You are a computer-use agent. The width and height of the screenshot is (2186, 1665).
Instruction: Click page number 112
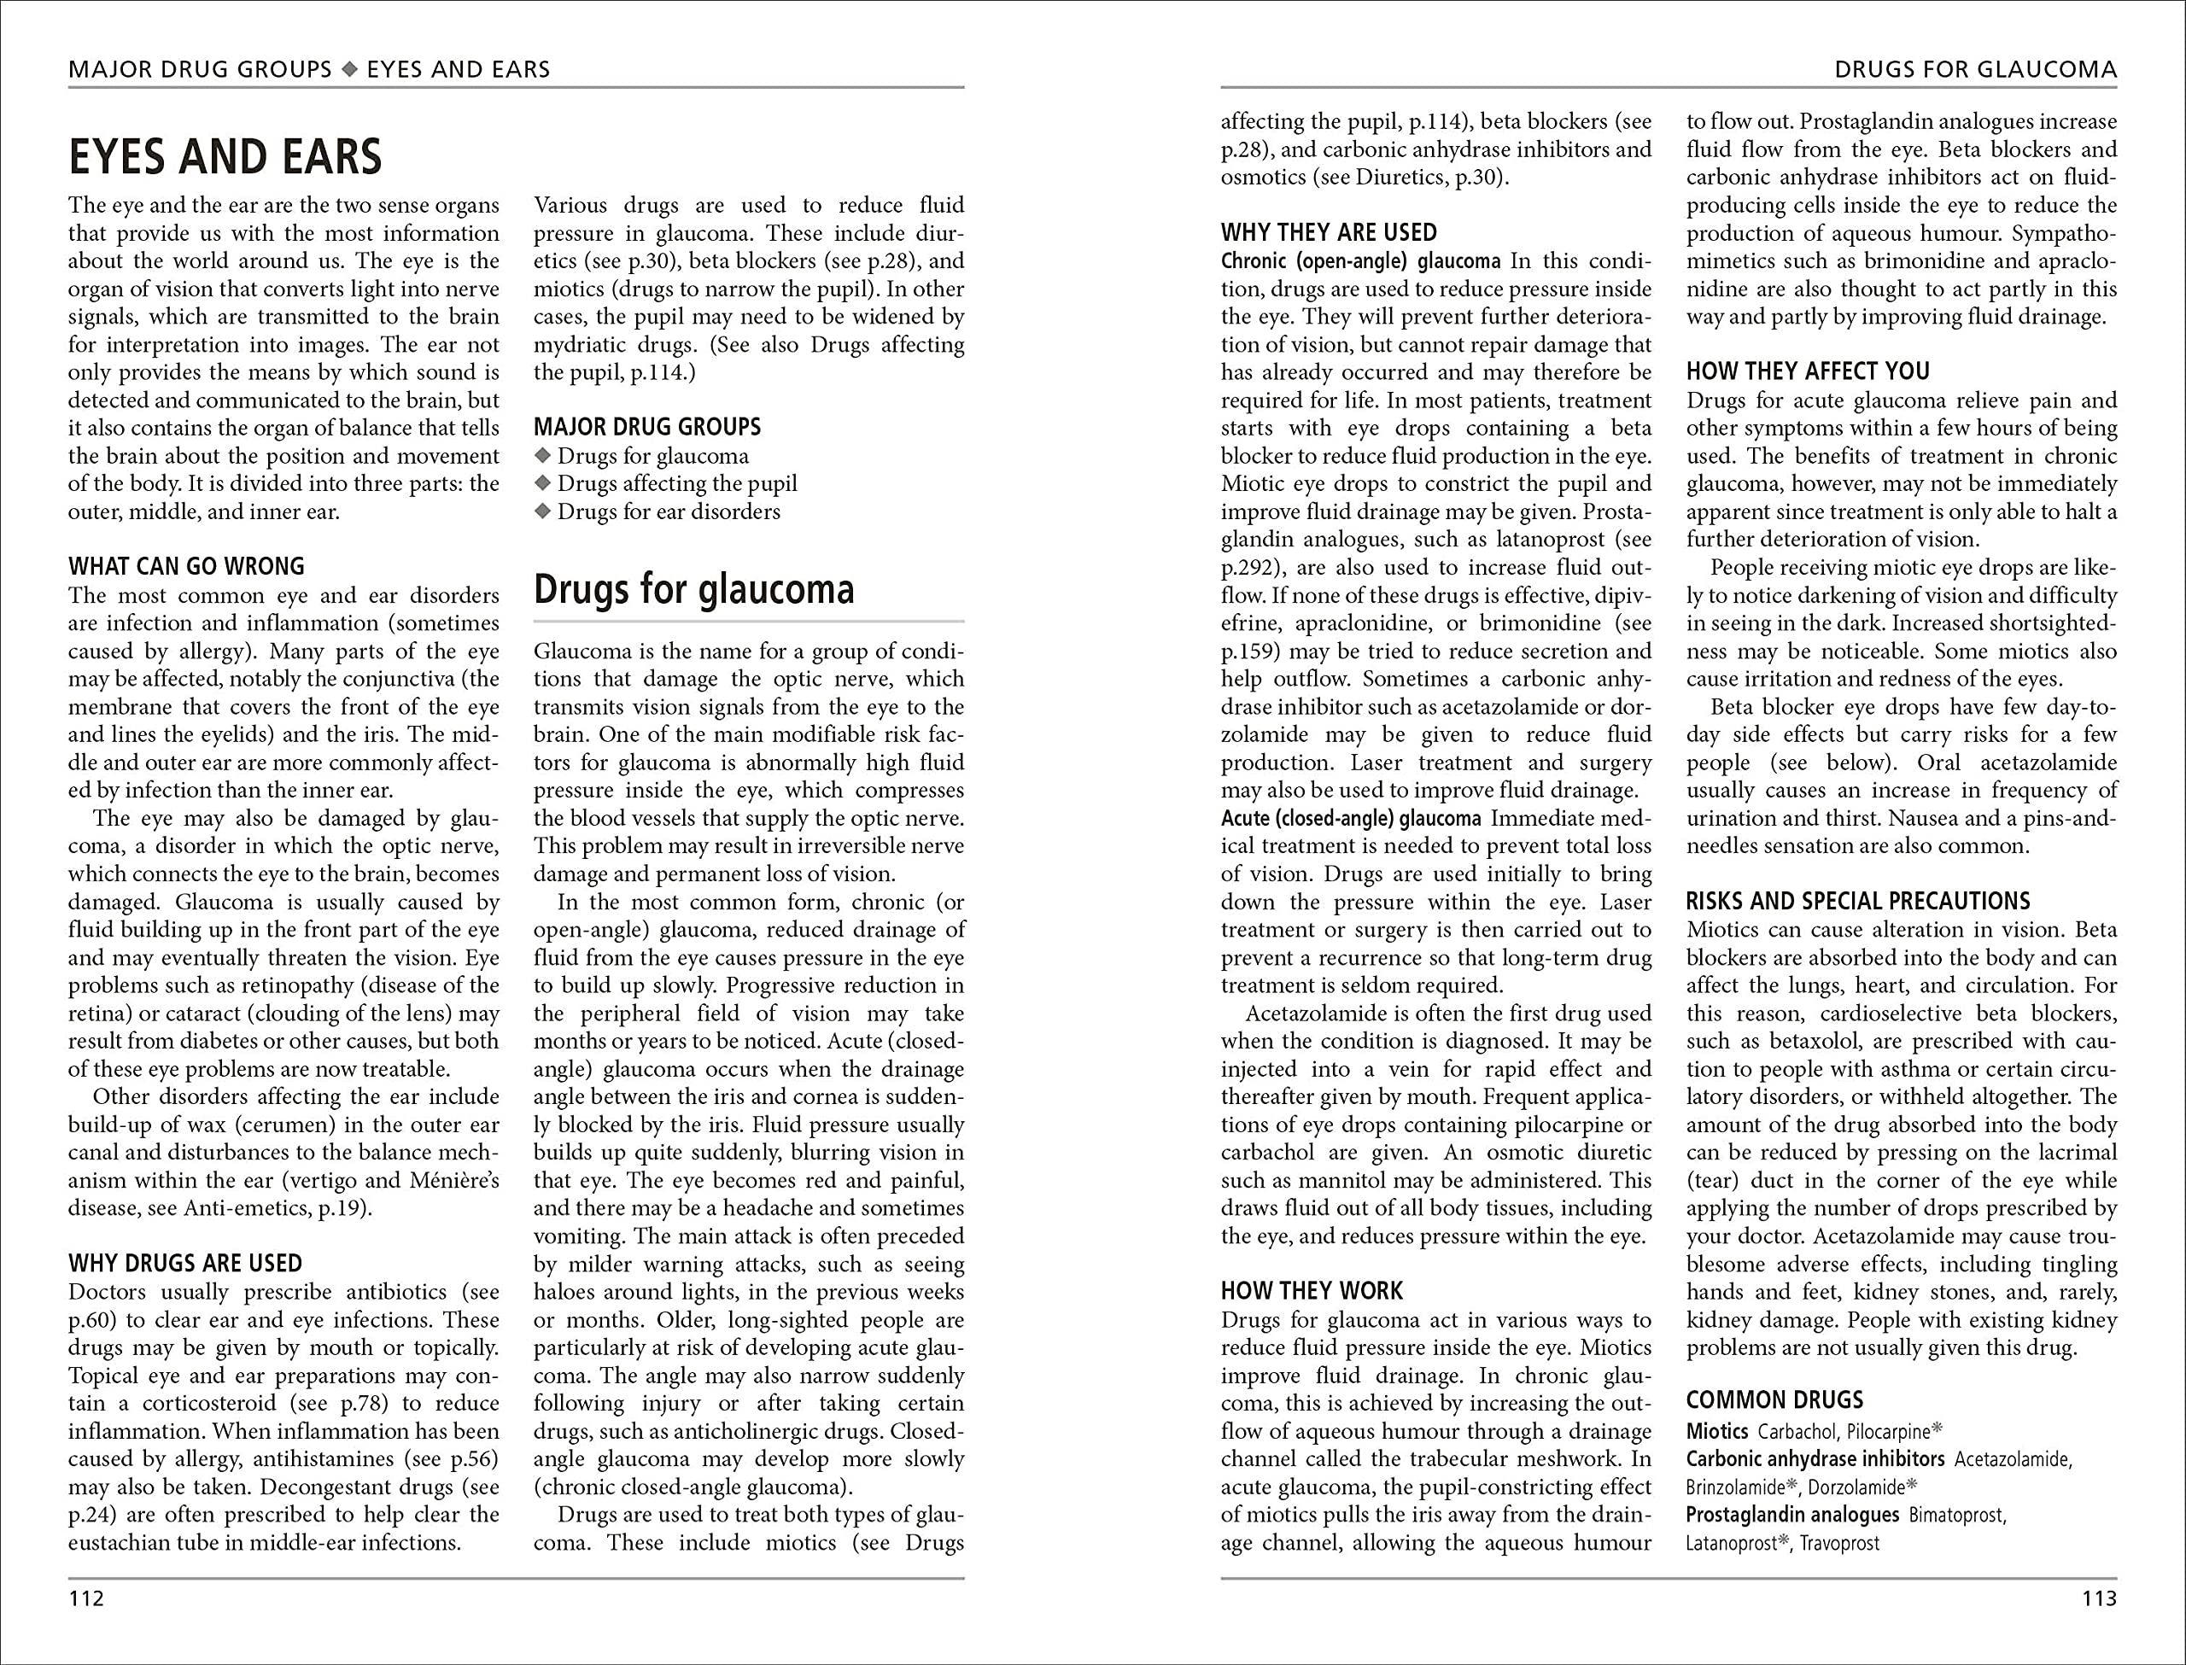click(x=86, y=1598)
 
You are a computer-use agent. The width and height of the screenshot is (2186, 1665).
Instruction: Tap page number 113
click(x=2099, y=1598)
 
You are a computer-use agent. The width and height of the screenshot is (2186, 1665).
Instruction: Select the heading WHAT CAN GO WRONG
click(x=186, y=567)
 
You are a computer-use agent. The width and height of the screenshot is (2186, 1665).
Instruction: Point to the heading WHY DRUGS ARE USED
click(x=185, y=1264)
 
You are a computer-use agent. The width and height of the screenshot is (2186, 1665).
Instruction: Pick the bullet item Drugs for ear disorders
click(x=669, y=511)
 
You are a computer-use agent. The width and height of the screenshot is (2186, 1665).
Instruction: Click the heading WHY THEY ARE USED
click(x=1329, y=233)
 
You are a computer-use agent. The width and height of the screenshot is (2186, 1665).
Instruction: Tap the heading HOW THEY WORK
click(x=1312, y=1291)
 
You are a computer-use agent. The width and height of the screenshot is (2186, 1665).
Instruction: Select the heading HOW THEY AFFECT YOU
click(x=1809, y=371)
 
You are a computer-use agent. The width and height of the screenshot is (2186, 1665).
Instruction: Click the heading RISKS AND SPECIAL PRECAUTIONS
click(x=1858, y=902)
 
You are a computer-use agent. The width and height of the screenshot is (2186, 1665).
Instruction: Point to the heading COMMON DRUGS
click(x=1774, y=1400)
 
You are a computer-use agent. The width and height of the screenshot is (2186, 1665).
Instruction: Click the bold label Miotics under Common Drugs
click(x=1717, y=1431)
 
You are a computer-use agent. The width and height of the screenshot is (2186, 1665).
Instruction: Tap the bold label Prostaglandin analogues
click(x=1792, y=1515)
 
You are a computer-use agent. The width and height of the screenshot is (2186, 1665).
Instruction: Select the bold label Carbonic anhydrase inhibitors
click(x=1815, y=1459)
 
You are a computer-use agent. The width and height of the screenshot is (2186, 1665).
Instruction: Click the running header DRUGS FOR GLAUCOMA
click(x=1976, y=69)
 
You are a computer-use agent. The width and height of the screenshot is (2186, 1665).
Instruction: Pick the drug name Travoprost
click(x=1839, y=1543)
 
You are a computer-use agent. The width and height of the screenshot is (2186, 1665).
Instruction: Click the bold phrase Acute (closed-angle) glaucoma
click(x=1351, y=819)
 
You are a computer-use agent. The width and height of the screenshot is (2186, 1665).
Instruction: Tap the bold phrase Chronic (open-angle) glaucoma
click(x=1360, y=261)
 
